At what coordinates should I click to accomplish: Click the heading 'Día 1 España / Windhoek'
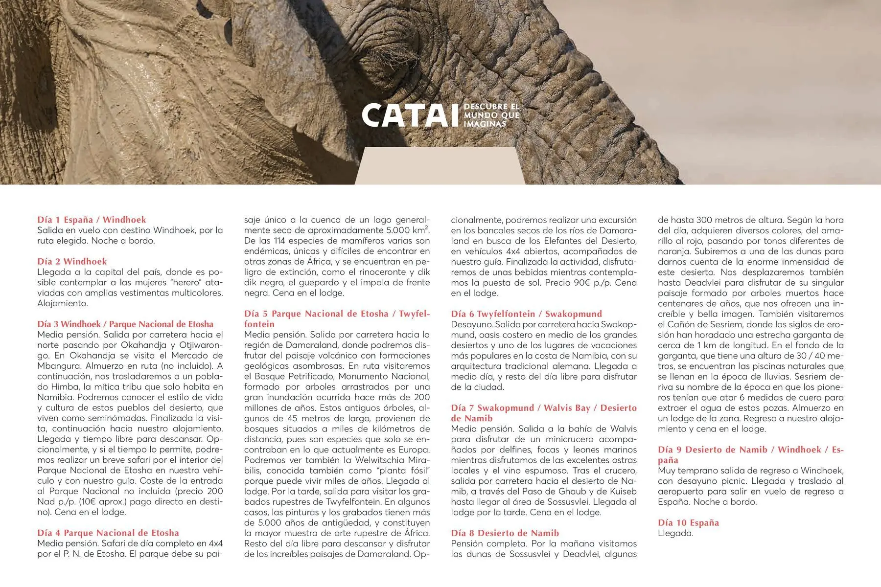pos(92,220)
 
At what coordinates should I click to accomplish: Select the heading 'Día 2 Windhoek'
pos(72,261)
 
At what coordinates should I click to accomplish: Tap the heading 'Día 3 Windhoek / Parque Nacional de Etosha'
pos(125,324)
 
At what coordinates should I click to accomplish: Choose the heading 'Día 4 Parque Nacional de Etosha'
pos(108,533)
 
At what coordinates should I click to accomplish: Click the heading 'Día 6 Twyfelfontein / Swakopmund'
pos(526,314)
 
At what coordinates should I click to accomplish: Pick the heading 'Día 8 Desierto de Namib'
pos(505,533)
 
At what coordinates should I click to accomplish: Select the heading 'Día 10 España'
pos(688,522)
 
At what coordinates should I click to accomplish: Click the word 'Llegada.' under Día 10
pos(675,533)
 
